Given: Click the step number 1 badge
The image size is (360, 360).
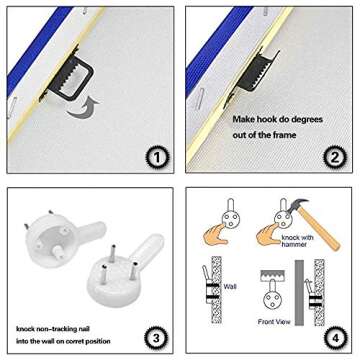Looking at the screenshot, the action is click(157, 158).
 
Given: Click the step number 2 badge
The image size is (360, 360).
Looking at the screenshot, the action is click(335, 158).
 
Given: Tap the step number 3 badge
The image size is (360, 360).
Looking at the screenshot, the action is click(156, 338).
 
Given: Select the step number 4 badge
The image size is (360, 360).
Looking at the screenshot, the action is click(335, 338).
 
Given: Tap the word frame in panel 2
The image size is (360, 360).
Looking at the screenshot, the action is click(283, 135).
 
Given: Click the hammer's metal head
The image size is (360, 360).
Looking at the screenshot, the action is click(298, 205).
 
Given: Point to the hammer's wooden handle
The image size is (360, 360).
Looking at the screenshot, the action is click(319, 229).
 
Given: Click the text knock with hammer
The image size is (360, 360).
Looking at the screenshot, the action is click(297, 241).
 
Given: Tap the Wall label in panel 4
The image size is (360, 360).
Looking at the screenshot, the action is click(230, 286).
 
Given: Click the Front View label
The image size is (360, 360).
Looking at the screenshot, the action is click(274, 322).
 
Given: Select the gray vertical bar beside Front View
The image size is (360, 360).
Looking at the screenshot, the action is click(299, 293).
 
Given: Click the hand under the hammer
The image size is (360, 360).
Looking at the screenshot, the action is click(268, 234).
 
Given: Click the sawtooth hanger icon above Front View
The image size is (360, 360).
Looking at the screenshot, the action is click(273, 275).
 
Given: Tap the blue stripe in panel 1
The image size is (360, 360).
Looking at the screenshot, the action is click(38, 52).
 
